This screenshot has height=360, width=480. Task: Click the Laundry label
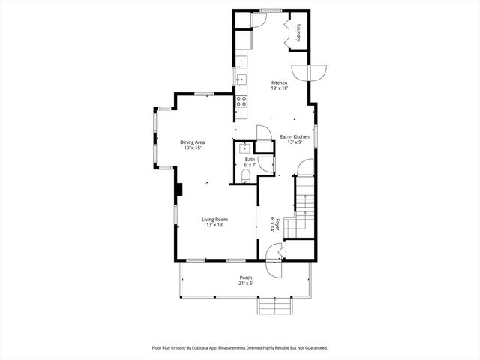298,33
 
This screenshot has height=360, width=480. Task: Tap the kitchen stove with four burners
241,99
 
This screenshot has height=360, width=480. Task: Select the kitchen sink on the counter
241,77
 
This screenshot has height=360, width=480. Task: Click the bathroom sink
244,148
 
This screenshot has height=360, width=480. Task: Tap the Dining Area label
193,142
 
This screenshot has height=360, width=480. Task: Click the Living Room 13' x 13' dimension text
214,225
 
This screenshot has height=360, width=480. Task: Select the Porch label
246,277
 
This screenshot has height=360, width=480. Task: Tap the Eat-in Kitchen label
295,136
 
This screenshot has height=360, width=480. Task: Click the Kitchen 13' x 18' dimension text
279,88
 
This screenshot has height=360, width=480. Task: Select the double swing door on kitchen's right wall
309,73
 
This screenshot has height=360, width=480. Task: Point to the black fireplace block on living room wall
178,190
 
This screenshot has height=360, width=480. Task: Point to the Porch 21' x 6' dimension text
246,283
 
